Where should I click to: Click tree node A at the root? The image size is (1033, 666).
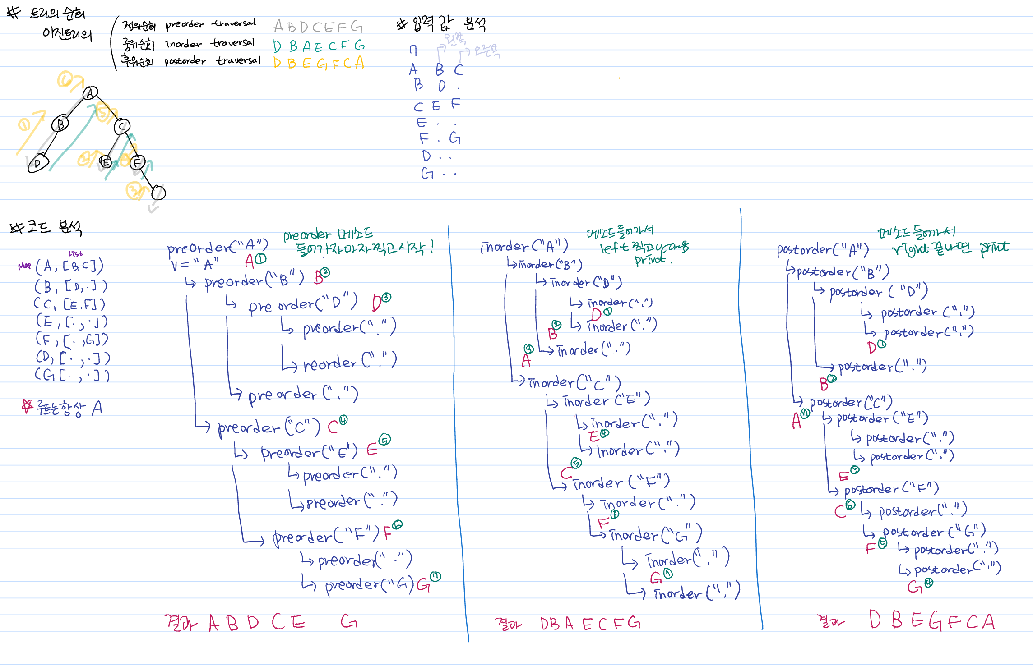click(91, 93)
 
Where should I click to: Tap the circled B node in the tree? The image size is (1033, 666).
click(60, 123)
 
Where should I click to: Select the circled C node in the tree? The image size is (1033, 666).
click(122, 127)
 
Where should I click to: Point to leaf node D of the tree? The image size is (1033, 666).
click(37, 163)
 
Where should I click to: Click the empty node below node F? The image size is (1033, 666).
click(158, 193)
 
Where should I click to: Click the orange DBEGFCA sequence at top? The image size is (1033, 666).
click(319, 63)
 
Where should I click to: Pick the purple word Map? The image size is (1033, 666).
click(24, 266)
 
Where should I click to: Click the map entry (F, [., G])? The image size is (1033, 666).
click(72, 339)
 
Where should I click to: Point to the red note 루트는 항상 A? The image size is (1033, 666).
click(63, 408)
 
